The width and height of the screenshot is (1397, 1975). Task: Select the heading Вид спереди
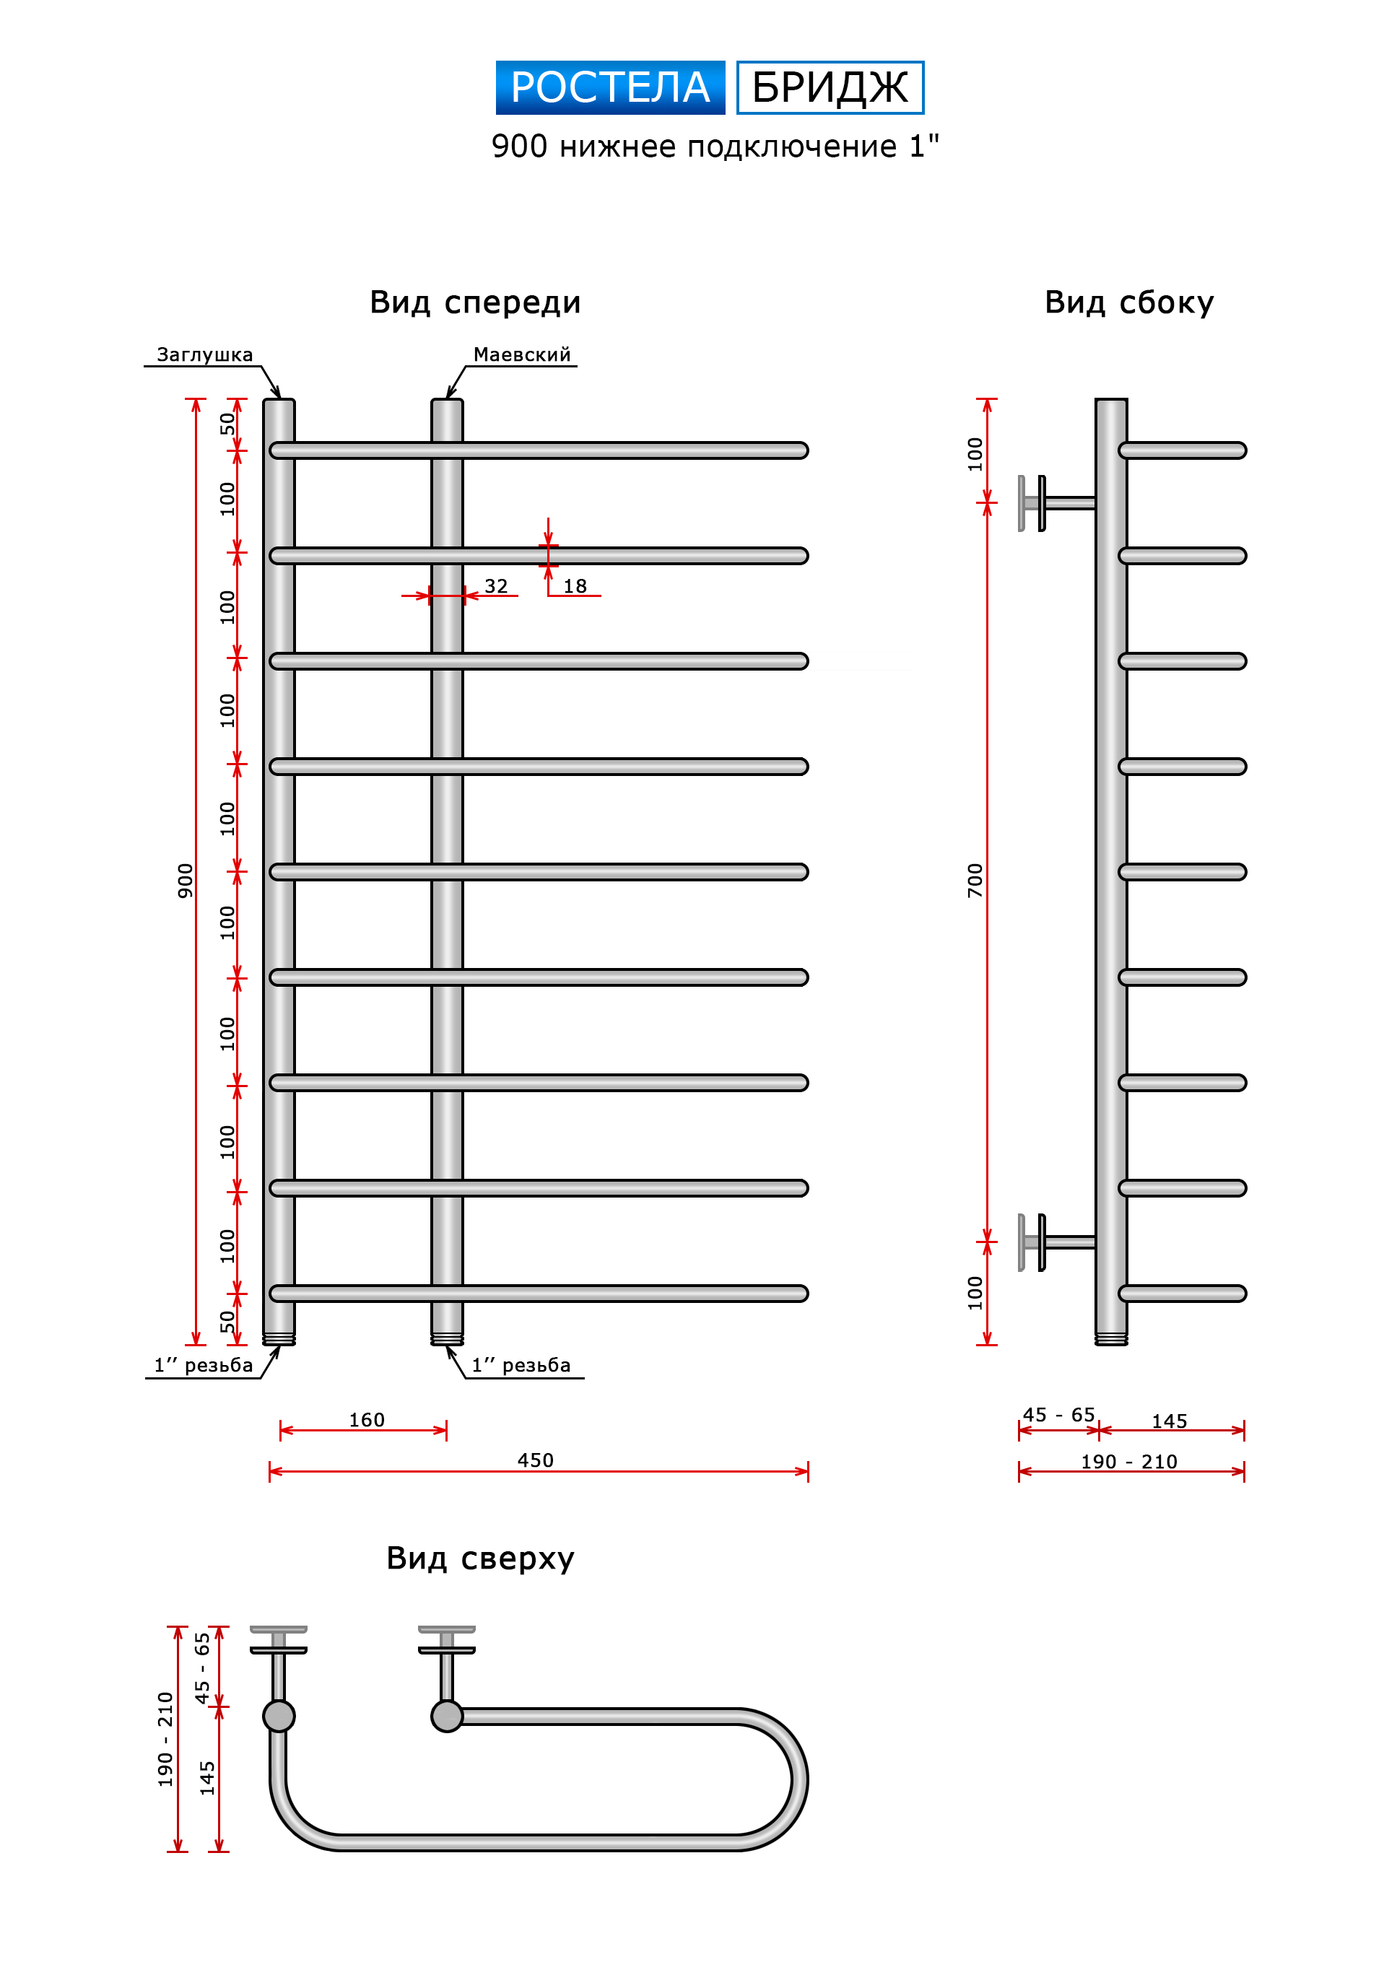(x=476, y=302)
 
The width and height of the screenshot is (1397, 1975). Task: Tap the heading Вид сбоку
(x=1128, y=302)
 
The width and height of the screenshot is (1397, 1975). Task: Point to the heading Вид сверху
(x=480, y=1558)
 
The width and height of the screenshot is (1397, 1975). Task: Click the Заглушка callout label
(x=205, y=355)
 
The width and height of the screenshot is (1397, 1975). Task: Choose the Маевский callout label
(x=522, y=354)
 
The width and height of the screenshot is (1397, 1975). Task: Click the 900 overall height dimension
(x=185, y=881)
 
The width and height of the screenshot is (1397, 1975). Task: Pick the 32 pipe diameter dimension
(x=496, y=587)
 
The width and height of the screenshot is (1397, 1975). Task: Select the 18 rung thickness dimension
(x=575, y=587)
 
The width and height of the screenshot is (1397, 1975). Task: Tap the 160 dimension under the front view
(x=367, y=1420)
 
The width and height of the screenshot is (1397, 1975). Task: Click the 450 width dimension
(x=535, y=1460)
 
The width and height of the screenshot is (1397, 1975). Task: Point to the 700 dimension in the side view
(x=975, y=881)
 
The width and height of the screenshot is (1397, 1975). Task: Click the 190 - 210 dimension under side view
(x=1128, y=1462)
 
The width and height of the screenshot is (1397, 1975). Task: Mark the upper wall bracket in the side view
(x=1056, y=503)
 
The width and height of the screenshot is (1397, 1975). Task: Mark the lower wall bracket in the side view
(x=1056, y=1242)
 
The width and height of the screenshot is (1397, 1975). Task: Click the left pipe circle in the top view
(x=279, y=1716)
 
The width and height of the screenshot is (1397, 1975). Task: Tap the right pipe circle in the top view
(x=446, y=1716)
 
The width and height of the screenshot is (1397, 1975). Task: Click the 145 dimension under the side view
(x=1169, y=1422)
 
